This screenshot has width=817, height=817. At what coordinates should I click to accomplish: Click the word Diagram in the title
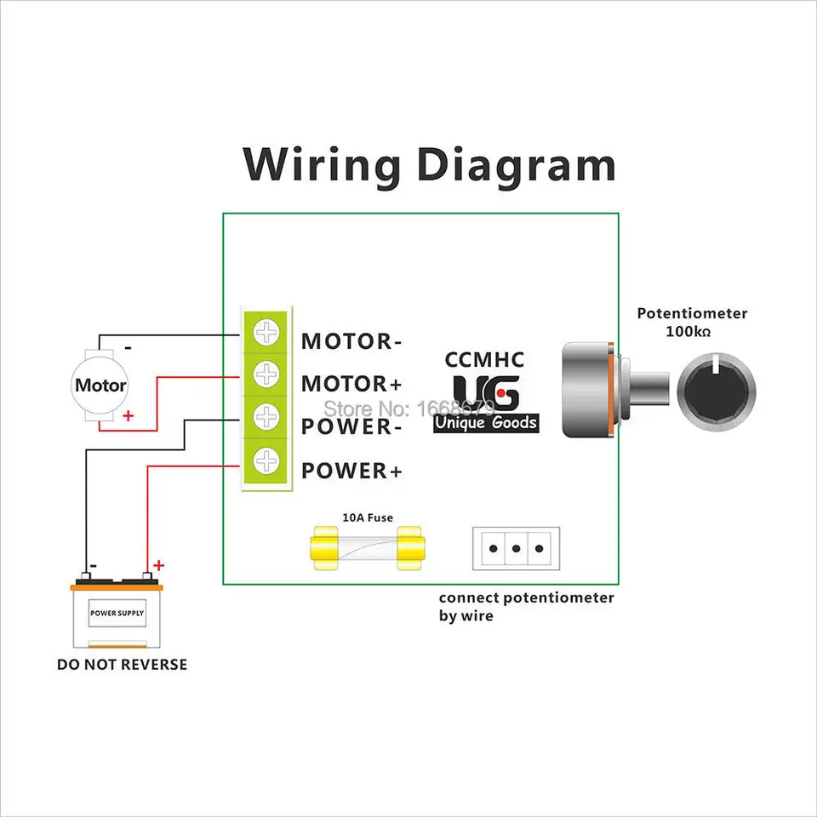tap(516, 165)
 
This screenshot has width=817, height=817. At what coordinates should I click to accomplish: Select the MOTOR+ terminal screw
tap(267, 374)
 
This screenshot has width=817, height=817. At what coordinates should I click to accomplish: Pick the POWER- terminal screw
tap(267, 417)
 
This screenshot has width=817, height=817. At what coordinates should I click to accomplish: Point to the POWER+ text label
tap(351, 471)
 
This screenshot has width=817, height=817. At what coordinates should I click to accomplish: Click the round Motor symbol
tap(100, 385)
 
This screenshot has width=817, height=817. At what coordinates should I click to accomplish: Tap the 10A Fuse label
tap(368, 517)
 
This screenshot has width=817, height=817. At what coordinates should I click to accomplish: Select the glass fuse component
tap(367, 548)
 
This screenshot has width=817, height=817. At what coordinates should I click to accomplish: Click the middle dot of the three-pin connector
tap(517, 548)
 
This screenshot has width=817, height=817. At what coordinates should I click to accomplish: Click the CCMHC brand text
tap(485, 360)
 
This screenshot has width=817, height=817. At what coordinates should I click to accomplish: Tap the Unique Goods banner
tap(486, 422)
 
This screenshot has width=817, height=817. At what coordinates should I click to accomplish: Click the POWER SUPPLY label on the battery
tap(117, 613)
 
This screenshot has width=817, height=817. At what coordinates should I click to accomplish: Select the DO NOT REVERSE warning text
tap(122, 664)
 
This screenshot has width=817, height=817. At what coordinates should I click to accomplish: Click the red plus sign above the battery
tap(158, 565)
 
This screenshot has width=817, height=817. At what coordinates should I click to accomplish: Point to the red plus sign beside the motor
tap(129, 415)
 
